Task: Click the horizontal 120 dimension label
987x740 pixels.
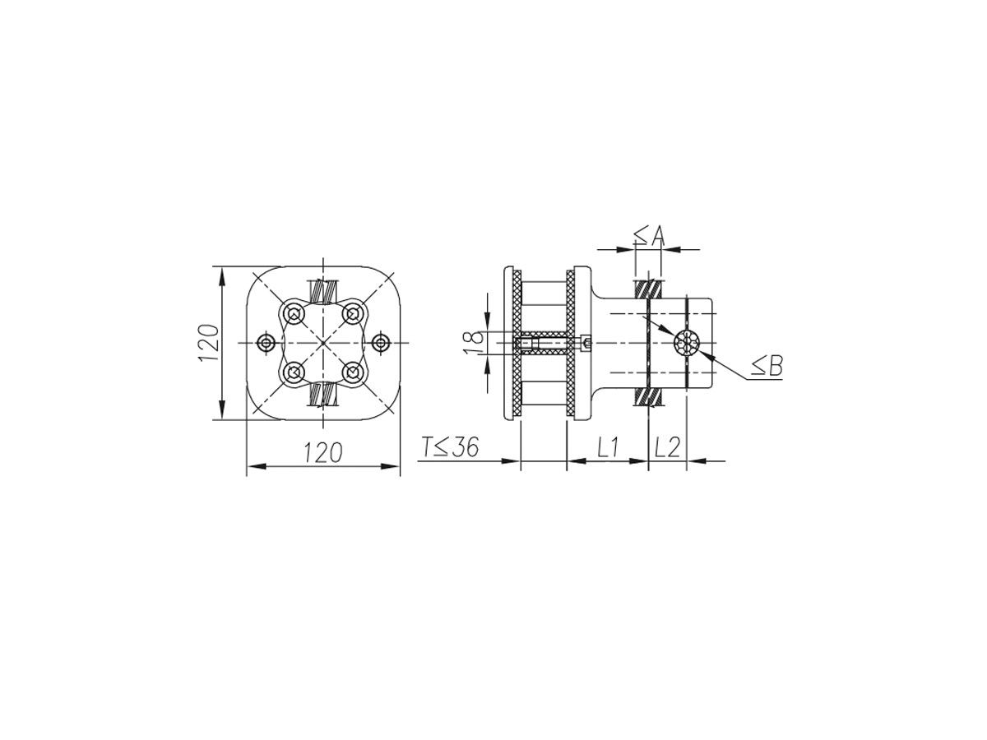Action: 323,452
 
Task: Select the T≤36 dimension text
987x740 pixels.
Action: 450,447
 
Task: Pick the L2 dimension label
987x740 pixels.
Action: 667,447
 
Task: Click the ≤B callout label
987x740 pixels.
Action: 768,366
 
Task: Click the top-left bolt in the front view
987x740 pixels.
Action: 294,313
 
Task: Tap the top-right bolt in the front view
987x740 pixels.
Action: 353,313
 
